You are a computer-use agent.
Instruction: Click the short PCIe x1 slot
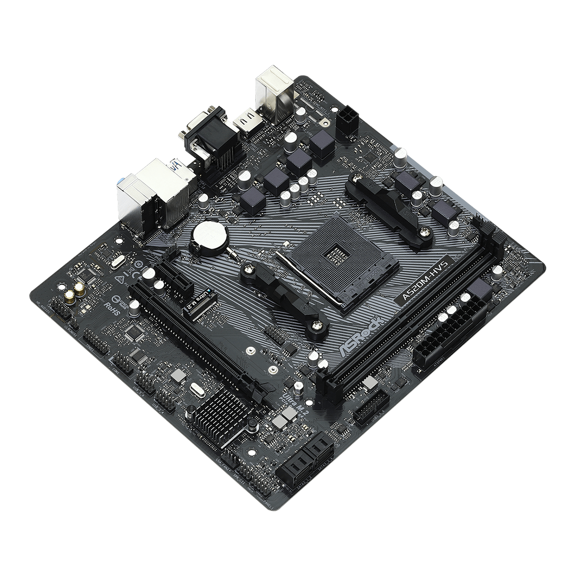pyautogui.click(x=173, y=276)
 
